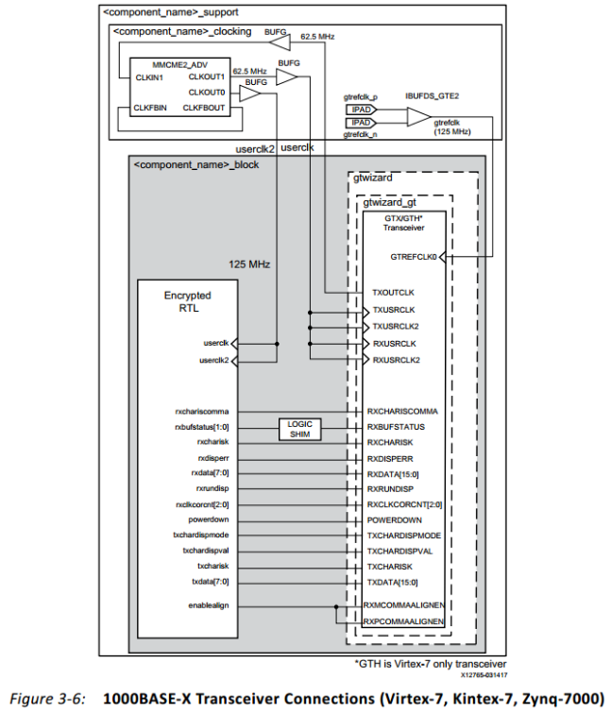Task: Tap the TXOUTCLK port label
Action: click(x=394, y=292)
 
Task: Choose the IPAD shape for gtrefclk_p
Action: click(x=363, y=110)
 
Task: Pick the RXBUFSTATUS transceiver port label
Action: click(x=401, y=426)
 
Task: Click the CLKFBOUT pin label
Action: click(x=204, y=109)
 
